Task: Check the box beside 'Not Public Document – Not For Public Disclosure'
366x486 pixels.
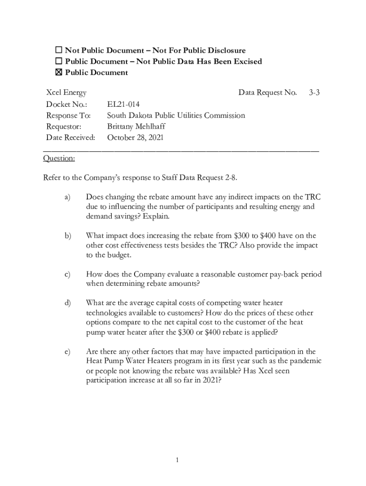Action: tap(59, 50)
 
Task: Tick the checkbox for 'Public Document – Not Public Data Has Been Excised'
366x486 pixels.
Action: tap(59, 61)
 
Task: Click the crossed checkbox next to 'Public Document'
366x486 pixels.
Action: tap(59, 73)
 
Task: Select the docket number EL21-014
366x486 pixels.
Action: tap(123, 104)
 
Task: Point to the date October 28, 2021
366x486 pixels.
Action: tap(135, 138)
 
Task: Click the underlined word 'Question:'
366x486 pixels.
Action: tap(58, 158)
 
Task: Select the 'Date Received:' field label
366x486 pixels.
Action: tap(70, 138)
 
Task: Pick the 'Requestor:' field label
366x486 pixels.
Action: tap(64, 127)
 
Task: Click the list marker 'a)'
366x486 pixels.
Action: tap(67, 197)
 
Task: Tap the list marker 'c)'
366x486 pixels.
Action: tap(67, 274)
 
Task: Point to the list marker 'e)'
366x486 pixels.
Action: tap(67, 352)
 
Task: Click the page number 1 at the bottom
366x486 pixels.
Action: tap(176, 460)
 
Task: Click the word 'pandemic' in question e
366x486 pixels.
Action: tap(306, 361)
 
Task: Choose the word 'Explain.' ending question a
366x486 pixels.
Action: tap(155, 216)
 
